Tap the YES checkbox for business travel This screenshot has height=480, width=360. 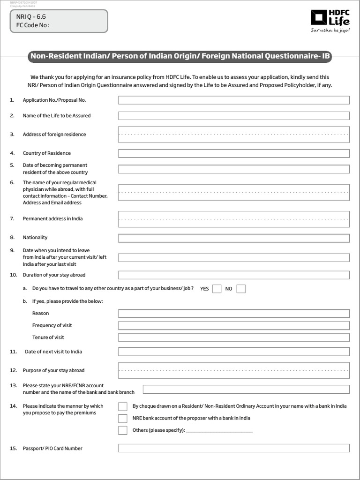coord(217,289)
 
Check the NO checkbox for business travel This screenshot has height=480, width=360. coord(241,289)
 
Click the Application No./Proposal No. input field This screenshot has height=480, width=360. coord(233,100)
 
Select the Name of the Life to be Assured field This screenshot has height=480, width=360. coord(233,116)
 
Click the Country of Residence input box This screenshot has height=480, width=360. coord(233,153)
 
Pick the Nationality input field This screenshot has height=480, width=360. coord(233,238)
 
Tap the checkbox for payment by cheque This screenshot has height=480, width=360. coord(123,406)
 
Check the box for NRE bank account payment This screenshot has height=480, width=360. coord(123,418)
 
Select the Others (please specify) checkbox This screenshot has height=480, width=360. coord(123,430)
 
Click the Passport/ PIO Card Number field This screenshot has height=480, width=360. coord(233,449)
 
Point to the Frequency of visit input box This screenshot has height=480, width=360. coord(233,325)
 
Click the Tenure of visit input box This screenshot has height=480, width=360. coord(233,337)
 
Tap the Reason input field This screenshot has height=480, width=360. coord(233,314)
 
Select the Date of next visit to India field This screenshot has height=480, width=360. coord(233,352)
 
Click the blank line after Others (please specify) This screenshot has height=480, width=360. coord(219,430)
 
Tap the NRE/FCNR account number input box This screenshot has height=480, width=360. coord(246,389)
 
